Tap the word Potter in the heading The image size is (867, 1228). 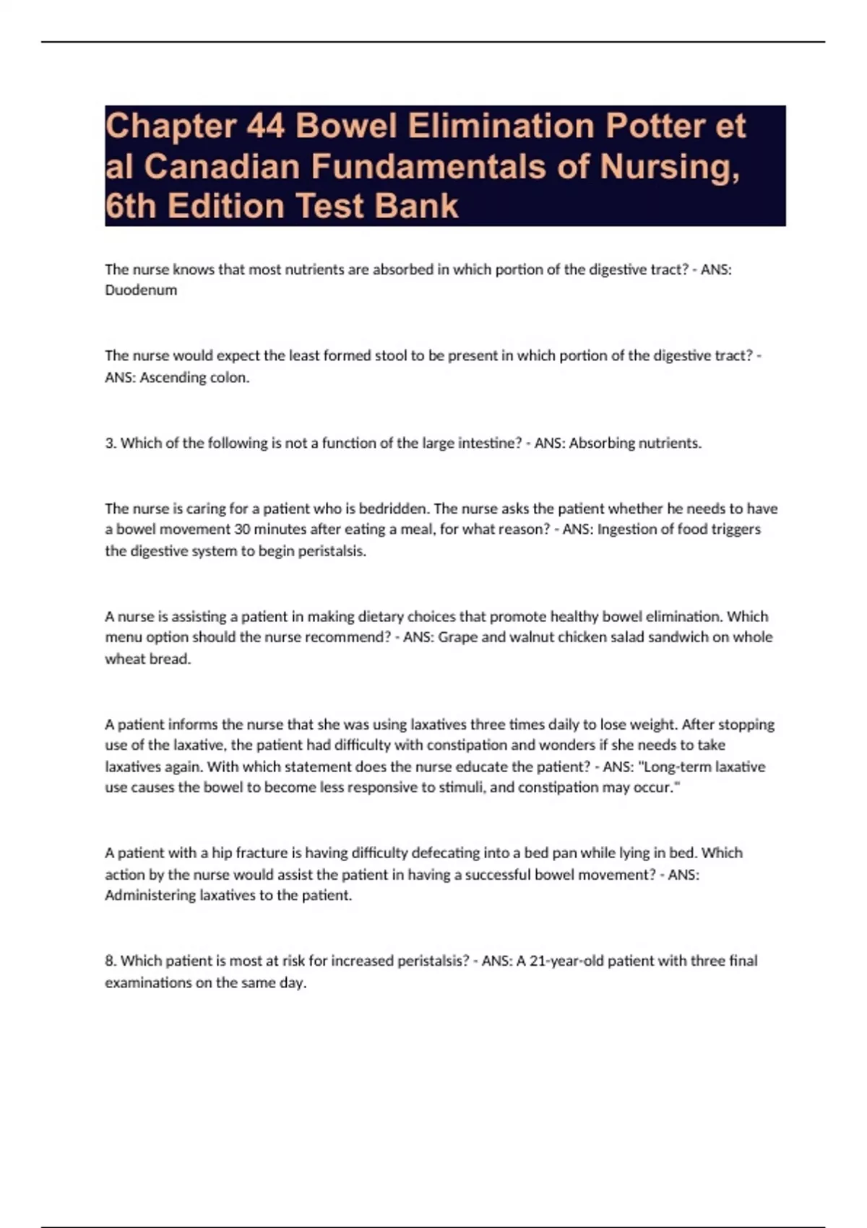655,126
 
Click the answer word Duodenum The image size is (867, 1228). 141,290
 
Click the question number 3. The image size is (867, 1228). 110,443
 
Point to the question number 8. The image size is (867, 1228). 110,961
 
